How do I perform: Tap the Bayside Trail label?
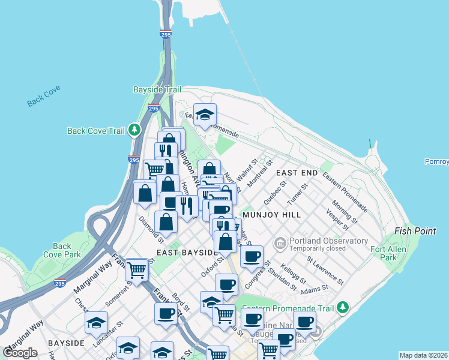(156, 89)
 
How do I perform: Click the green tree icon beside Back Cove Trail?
(136, 130)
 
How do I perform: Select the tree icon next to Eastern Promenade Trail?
(343, 307)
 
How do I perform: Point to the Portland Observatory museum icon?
(280, 243)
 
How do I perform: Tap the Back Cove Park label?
(62, 250)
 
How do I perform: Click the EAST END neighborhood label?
(297, 172)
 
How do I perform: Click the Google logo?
(20, 352)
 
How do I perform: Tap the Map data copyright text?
(423, 355)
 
